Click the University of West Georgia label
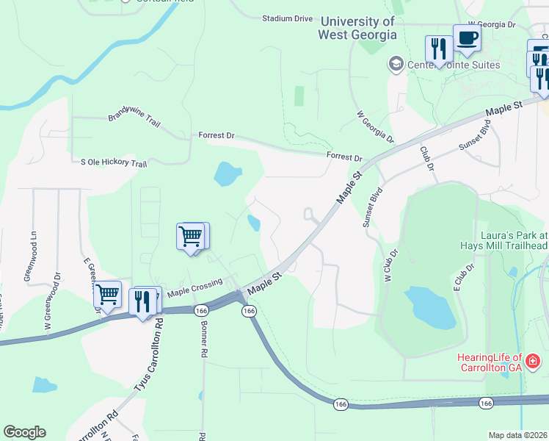point(357,28)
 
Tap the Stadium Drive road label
point(288,18)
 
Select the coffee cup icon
point(467,38)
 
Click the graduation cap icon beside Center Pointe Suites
point(396,65)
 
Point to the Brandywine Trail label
point(134,117)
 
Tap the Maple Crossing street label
point(194,290)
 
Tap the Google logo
point(24,432)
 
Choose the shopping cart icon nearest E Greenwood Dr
point(107,294)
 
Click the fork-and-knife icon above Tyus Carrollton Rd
point(142,301)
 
